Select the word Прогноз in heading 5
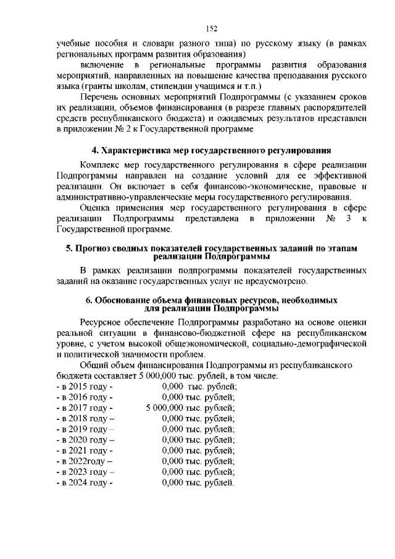(x=102, y=248)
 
